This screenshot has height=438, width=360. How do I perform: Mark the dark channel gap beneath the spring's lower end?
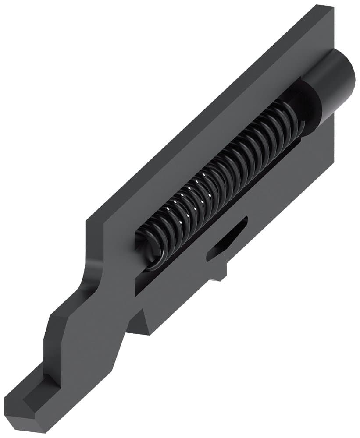145,280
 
